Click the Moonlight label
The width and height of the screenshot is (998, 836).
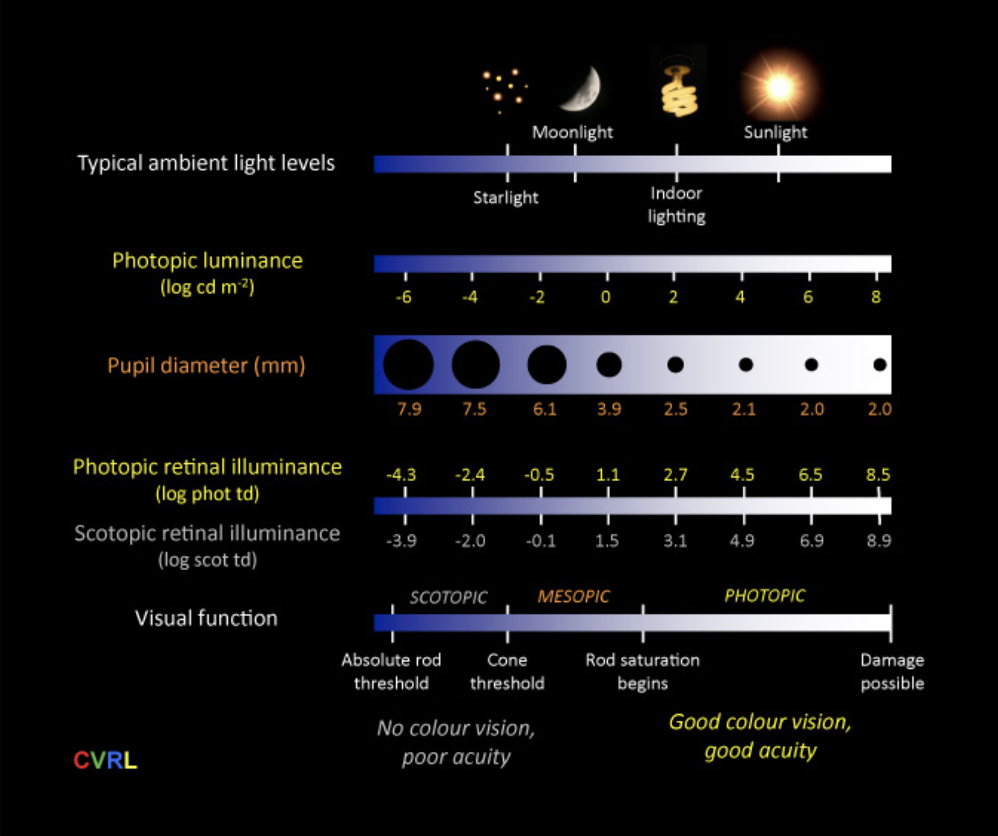click(x=573, y=132)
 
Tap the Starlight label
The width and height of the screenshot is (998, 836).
click(x=506, y=197)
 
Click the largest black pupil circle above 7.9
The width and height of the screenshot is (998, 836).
click(x=408, y=365)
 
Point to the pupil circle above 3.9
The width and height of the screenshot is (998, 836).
click(x=609, y=365)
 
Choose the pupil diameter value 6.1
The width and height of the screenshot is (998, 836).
click(x=545, y=409)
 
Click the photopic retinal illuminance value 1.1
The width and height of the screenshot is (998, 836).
click(x=608, y=474)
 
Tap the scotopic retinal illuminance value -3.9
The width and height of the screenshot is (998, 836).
click(x=401, y=541)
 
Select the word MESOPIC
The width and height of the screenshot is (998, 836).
click(x=573, y=596)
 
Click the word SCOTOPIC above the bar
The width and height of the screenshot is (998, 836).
click(x=449, y=597)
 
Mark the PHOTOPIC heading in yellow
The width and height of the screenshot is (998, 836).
click(x=765, y=596)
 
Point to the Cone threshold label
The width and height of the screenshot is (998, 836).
click(x=507, y=672)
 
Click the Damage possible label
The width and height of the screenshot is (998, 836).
click(x=892, y=672)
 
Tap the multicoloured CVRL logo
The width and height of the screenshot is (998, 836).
click(x=105, y=760)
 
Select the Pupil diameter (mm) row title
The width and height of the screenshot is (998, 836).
click(x=206, y=365)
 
